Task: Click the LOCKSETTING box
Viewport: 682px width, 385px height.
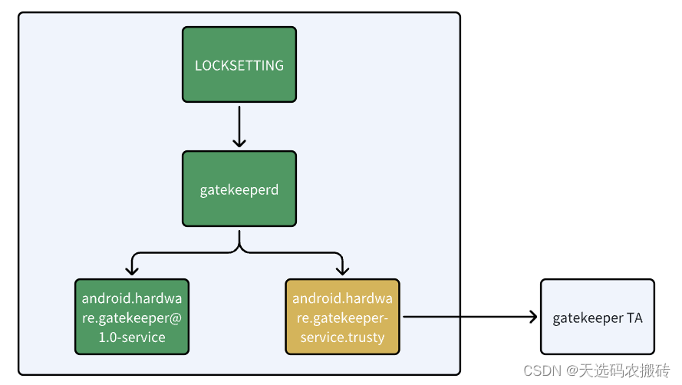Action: (x=239, y=65)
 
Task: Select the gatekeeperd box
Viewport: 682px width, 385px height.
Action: (x=239, y=189)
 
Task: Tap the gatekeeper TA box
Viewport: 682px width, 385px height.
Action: (x=597, y=317)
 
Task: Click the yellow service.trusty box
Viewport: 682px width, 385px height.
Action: (x=342, y=317)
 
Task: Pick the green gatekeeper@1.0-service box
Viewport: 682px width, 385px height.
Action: (x=132, y=317)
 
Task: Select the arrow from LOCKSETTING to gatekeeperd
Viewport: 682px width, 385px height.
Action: (x=239, y=126)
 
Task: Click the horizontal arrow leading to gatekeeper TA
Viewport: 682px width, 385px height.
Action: (x=468, y=316)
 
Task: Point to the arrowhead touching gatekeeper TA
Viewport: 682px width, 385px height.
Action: (x=532, y=316)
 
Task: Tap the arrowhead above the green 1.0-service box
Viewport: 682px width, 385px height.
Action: (x=132, y=270)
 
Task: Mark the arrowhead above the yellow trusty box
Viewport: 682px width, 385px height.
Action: (x=342, y=270)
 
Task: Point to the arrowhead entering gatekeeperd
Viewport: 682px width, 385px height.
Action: (x=239, y=143)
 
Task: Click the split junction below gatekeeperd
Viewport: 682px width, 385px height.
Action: (x=239, y=247)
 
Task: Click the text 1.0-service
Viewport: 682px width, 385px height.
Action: (x=132, y=337)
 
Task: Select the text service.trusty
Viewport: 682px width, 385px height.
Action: (x=342, y=337)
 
